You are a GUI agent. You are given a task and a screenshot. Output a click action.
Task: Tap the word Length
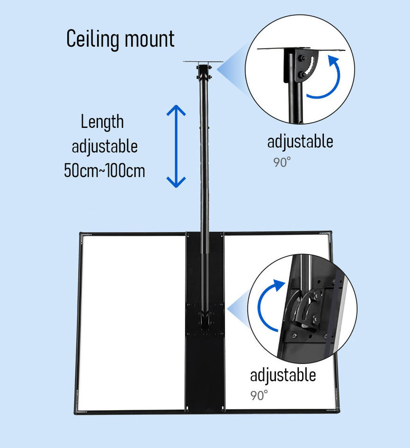click(102, 122)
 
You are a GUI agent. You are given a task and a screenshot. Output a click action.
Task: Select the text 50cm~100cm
click(104, 170)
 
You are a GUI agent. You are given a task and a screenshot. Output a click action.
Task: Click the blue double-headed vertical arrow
click(176, 146)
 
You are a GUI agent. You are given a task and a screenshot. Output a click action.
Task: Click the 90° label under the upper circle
click(282, 162)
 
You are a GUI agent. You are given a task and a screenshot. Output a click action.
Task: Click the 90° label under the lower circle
click(259, 395)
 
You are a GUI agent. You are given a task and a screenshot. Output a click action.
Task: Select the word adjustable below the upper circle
click(300, 141)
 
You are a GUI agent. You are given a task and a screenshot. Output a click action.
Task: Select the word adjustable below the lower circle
click(283, 375)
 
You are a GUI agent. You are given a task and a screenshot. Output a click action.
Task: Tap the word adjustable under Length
click(105, 146)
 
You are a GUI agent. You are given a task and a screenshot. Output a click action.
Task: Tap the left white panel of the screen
click(133, 322)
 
